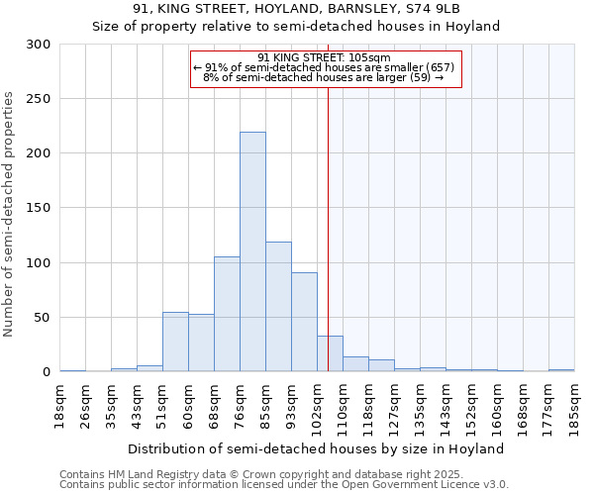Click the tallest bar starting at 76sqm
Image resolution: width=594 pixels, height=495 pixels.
tap(252, 251)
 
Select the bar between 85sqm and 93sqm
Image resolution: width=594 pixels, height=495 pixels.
tap(278, 306)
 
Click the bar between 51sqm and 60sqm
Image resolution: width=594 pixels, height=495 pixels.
tap(175, 342)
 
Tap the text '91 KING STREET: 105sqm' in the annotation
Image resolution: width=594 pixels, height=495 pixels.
tap(324, 57)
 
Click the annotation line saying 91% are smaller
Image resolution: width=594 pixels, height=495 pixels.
tap(324, 67)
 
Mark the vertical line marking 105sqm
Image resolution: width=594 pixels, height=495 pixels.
tap(328, 228)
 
